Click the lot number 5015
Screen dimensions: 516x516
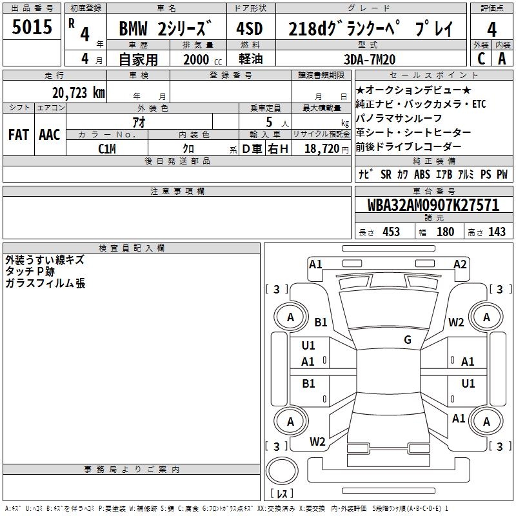32,28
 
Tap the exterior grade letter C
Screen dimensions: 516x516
481,58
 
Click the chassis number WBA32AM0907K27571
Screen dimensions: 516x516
433,205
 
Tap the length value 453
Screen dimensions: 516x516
391,232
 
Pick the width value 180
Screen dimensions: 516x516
445,232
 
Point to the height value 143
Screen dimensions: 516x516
497,232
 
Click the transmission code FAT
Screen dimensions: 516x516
18,135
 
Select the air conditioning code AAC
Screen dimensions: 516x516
50,135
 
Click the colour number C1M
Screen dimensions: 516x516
107,148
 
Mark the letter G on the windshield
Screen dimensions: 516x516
408,340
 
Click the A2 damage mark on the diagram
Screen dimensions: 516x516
460,264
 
